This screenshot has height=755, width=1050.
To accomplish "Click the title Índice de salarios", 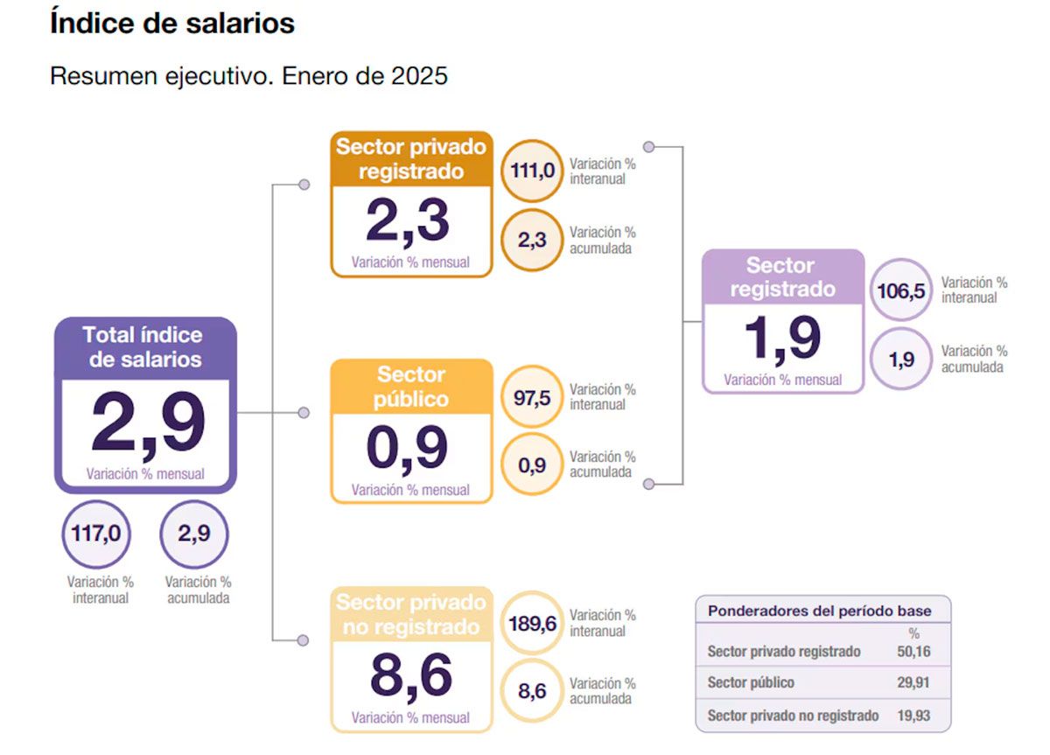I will tap(172, 24).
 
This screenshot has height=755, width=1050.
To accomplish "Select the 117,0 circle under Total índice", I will tap(96, 534).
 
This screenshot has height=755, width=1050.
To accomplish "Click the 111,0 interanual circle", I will tap(532, 171).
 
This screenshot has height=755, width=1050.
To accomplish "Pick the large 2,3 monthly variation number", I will tap(408, 221).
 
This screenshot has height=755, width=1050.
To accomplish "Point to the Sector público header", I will tap(411, 387).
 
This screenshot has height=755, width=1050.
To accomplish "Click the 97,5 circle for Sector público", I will tap(532, 397).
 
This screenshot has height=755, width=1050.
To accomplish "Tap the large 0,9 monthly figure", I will tap(408, 448).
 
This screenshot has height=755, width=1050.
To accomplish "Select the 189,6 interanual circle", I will tap(532, 624).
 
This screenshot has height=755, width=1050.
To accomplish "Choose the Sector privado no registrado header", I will tap(411, 615).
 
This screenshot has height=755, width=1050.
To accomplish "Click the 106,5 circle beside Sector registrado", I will tap(901, 290).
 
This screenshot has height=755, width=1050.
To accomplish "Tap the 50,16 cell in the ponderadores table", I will tap(913, 652).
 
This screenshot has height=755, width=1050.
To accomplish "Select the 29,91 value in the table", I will tap(913, 683).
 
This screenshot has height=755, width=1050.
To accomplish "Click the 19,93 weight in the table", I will tap(913, 716).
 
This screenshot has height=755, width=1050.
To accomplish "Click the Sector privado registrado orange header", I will tap(411, 159).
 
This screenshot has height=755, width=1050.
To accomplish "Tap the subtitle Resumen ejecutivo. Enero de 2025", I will tap(248, 76).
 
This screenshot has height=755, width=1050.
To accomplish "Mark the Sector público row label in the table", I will tap(751, 683).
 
